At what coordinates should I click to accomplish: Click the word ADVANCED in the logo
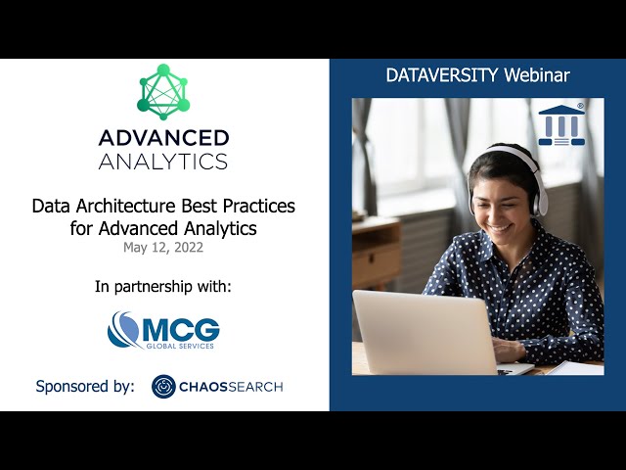(163, 138)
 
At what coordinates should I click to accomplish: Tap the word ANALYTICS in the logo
(163, 161)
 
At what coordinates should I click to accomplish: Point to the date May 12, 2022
(163, 247)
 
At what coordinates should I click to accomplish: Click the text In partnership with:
(163, 287)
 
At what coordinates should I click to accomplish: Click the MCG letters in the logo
(182, 327)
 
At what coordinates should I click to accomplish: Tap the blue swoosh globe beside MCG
(124, 330)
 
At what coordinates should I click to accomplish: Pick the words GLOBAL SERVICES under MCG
(182, 345)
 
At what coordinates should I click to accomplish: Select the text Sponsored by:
(85, 386)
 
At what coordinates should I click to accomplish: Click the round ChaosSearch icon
(163, 387)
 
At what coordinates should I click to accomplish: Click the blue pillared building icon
(561, 124)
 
